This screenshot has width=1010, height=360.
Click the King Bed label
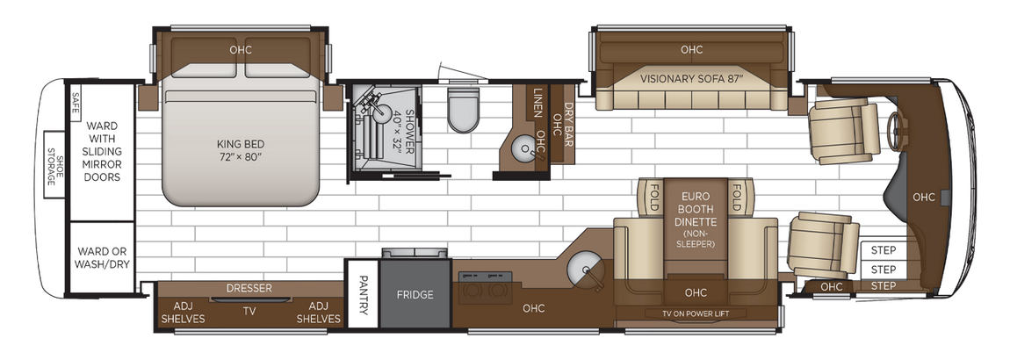240,149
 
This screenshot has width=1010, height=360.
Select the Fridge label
415,295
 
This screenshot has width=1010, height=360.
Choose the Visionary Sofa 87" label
691,77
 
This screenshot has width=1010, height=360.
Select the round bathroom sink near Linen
526,148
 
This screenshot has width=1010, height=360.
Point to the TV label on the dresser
249,310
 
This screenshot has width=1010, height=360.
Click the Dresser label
249,288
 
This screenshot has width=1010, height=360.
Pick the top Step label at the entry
883,250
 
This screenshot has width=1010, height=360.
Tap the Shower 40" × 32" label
401,133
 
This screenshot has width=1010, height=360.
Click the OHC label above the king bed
240,49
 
